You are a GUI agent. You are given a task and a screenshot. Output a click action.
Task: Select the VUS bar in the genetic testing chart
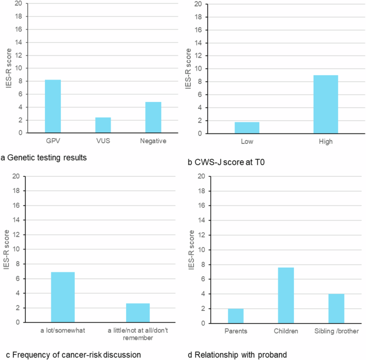[103, 125]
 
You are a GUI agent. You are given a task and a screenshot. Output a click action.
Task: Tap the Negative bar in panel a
[153, 117]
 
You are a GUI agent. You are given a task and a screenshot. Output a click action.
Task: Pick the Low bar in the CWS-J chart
[247, 128]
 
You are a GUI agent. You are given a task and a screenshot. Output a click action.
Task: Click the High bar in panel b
[325, 104]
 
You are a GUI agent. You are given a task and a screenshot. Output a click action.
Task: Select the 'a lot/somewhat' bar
[63, 297]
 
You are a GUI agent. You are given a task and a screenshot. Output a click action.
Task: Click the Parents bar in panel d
[236, 316]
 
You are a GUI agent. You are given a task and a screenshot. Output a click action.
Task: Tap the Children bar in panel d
[286, 295]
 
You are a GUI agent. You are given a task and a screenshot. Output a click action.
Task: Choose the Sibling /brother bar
[336, 308]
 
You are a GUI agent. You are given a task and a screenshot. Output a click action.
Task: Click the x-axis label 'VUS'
[103, 140]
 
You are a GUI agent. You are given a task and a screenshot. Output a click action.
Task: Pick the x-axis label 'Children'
[286, 331]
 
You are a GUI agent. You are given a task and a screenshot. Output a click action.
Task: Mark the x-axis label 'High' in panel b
[325, 141]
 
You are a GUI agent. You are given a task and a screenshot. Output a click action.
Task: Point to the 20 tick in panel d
[201, 176]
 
